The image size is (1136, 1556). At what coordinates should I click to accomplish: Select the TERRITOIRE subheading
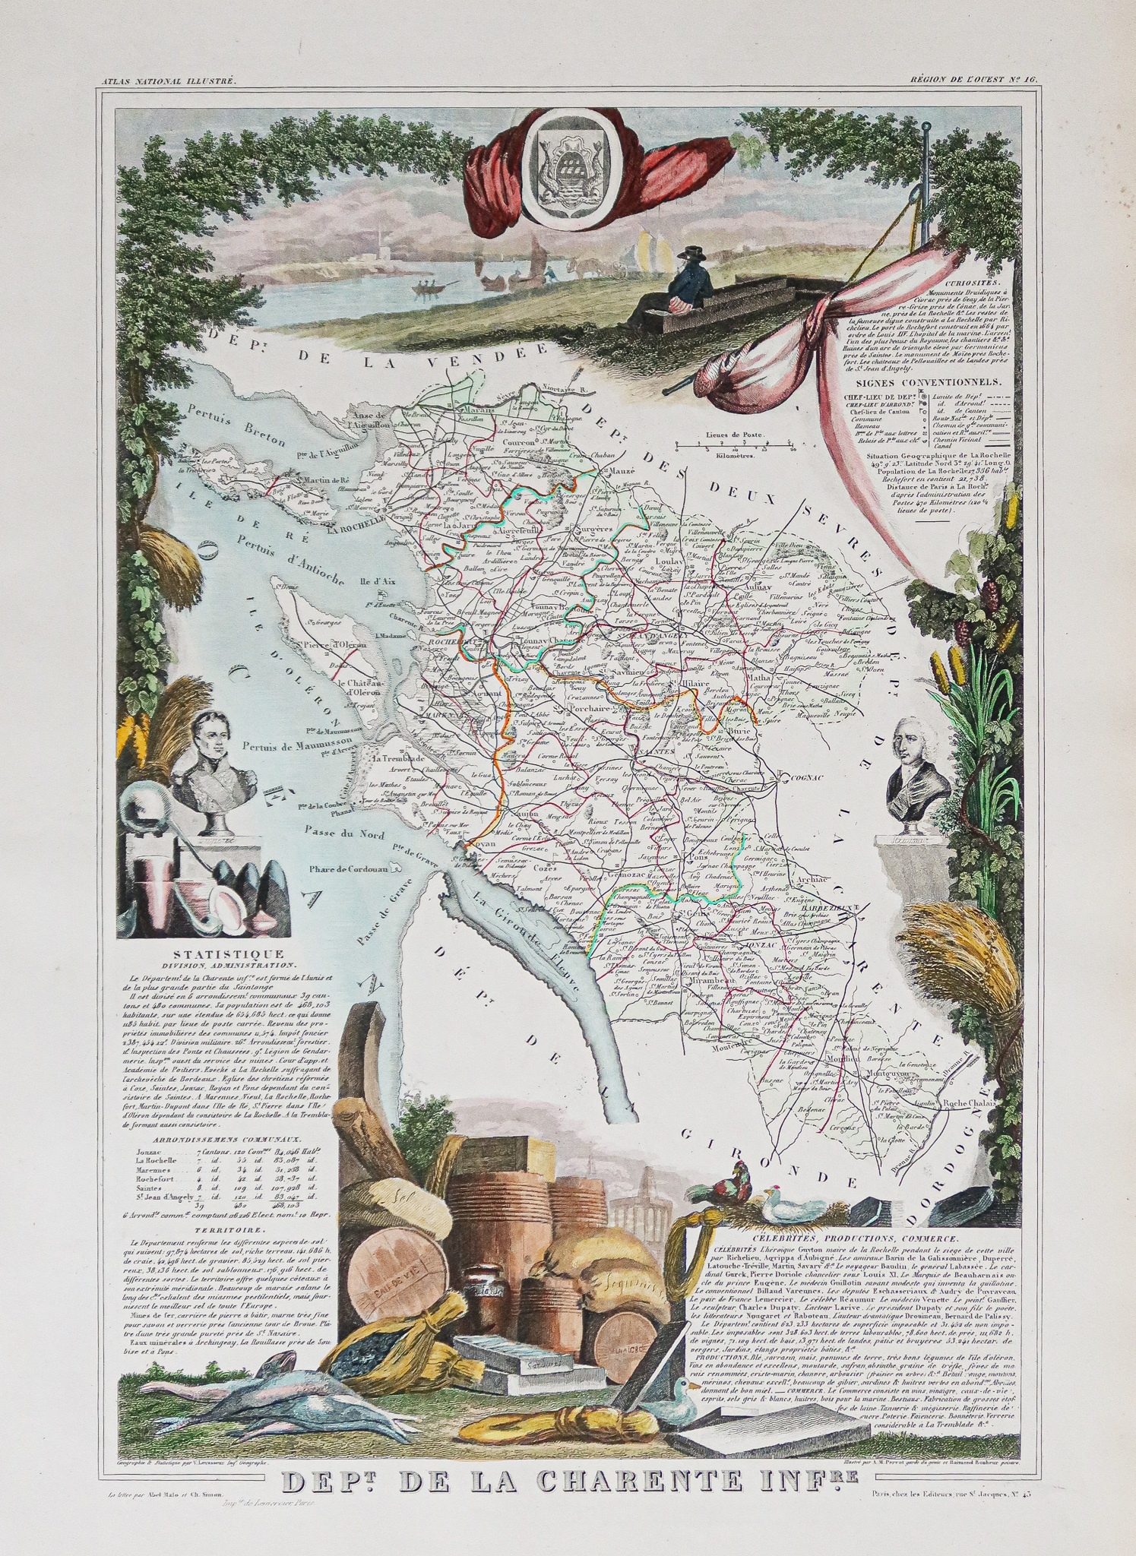(x=217, y=1228)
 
